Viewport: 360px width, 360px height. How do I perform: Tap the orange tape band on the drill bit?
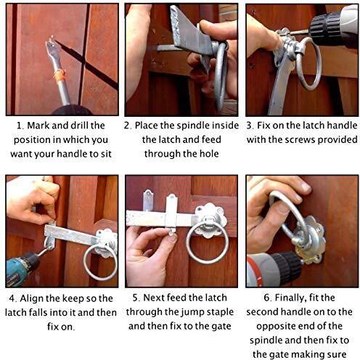(60, 75)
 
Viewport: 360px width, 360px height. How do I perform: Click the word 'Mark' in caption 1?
(38, 126)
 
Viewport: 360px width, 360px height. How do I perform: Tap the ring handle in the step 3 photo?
(308, 63)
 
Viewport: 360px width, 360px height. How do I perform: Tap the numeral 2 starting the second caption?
(127, 126)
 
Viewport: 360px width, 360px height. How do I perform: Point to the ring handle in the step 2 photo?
(221, 73)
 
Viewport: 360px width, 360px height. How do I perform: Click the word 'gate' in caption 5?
(221, 327)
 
